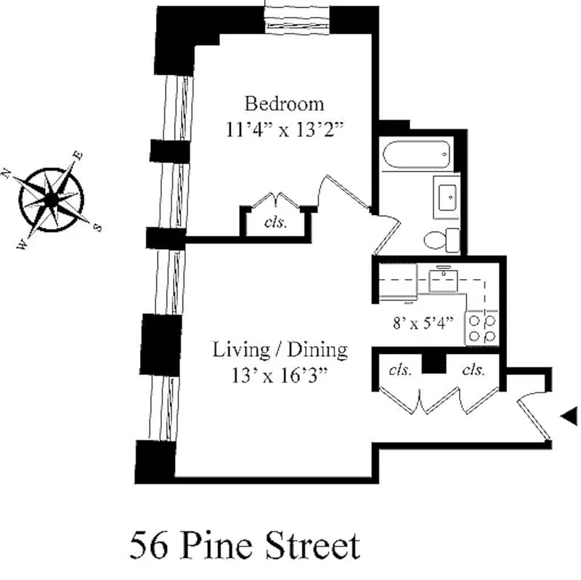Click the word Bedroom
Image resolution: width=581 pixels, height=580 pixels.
(x=284, y=103)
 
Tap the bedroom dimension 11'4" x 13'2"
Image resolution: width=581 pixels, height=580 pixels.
(x=284, y=130)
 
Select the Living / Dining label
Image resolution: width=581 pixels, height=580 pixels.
(x=280, y=350)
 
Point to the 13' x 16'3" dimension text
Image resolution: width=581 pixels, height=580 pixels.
(x=280, y=375)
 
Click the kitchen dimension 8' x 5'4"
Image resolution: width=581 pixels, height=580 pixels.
(x=423, y=323)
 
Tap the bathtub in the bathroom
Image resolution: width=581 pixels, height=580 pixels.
(x=417, y=154)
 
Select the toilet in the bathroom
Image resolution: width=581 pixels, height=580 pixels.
(x=442, y=241)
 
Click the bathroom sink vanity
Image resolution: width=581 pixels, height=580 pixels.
(x=447, y=197)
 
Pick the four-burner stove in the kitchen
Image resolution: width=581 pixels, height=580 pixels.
(x=482, y=328)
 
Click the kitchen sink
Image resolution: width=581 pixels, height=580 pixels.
(x=443, y=281)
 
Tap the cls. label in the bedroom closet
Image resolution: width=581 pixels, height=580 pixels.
(x=276, y=222)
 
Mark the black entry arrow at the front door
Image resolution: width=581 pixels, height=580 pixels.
(x=569, y=416)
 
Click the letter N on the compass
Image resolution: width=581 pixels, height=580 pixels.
(x=6, y=173)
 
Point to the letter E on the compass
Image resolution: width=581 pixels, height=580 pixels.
(x=78, y=156)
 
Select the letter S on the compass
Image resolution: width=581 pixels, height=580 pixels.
(x=97, y=227)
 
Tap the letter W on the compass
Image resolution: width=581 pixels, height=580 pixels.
(x=23, y=244)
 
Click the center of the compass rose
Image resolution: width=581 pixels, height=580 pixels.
(x=52, y=200)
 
